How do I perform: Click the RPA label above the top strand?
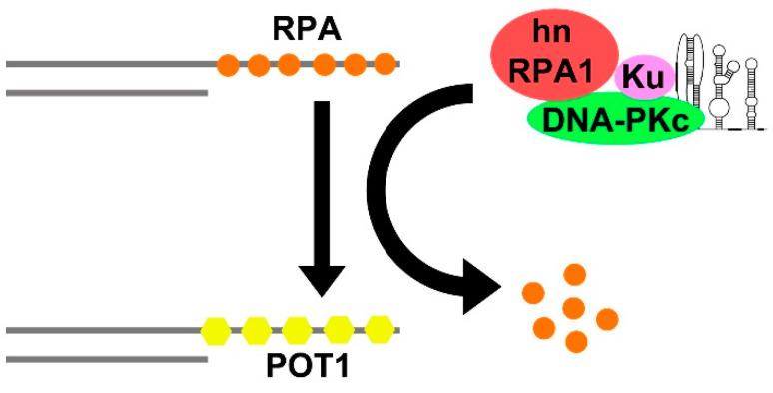tap(308, 30)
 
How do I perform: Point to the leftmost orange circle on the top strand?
tap(229, 66)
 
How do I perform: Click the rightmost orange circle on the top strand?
tap(385, 66)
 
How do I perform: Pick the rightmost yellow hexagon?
tap(380, 328)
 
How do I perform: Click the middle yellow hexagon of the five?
tap(298, 329)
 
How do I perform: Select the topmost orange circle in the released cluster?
tap(574, 274)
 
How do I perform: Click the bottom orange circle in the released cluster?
tap(576, 341)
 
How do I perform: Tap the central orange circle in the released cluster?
tap(573, 307)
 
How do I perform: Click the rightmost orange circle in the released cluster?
tap(607, 318)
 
